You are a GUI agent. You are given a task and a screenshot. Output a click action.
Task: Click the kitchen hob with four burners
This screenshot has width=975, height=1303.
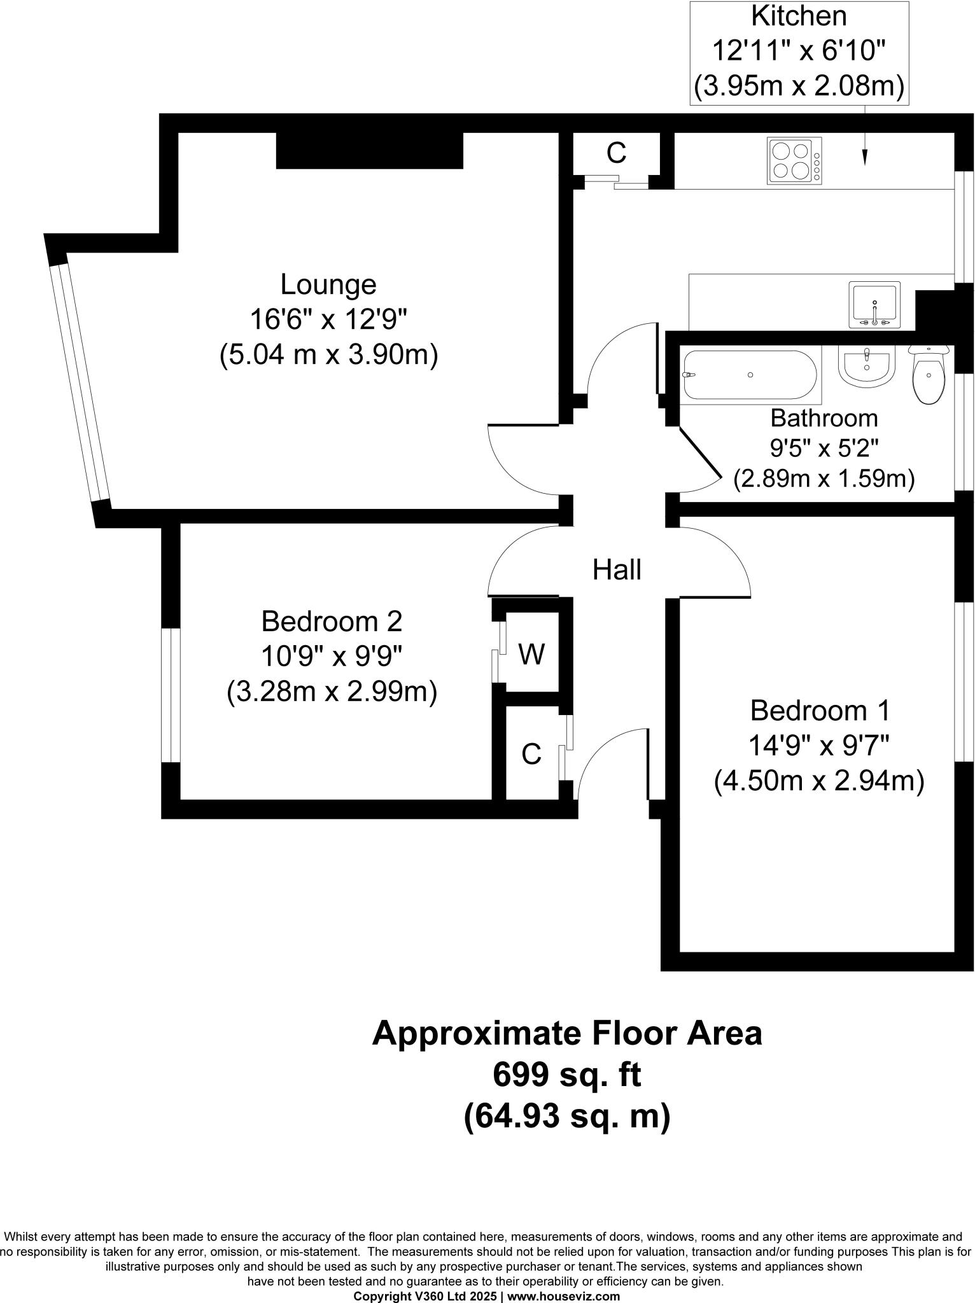(x=794, y=161)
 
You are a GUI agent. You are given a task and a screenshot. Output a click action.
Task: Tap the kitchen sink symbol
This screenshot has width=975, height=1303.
(x=874, y=305)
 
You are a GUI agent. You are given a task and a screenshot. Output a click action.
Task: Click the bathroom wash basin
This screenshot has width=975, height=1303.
(x=867, y=366)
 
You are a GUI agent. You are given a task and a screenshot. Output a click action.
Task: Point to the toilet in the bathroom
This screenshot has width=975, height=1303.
(x=929, y=375)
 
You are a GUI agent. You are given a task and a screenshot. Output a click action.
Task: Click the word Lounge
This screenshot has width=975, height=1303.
(x=328, y=284)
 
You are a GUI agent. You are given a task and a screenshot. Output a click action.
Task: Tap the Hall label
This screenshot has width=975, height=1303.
(x=616, y=569)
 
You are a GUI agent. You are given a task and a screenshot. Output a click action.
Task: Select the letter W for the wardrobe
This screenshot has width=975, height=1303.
(x=531, y=654)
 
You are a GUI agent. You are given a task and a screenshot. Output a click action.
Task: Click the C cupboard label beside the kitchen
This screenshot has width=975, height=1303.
(x=616, y=153)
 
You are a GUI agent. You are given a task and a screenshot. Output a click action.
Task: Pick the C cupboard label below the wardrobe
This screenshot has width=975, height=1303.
(x=531, y=755)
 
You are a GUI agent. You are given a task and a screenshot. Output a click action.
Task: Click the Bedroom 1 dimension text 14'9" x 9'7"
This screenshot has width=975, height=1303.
(x=818, y=745)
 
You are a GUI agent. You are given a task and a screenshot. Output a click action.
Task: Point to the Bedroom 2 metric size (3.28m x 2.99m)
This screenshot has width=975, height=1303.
(x=332, y=692)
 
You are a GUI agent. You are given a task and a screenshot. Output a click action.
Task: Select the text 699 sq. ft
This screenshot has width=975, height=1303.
(x=566, y=1075)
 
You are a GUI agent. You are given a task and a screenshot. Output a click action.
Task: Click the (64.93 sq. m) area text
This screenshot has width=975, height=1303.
(x=566, y=1117)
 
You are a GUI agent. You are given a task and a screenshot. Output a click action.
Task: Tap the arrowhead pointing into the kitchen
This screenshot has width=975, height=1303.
(x=865, y=158)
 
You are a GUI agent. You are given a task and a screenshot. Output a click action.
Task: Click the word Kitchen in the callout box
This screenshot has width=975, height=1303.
(x=799, y=16)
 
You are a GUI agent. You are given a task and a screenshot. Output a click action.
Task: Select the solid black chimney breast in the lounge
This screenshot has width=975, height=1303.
(x=369, y=151)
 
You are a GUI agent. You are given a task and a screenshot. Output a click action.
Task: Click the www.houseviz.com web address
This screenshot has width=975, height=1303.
(x=563, y=1296)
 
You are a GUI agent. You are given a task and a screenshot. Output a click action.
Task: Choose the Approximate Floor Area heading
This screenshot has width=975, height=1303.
(x=566, y=1033)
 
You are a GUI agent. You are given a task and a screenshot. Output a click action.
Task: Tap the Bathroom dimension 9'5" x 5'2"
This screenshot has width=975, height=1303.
(x=824, y=449)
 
